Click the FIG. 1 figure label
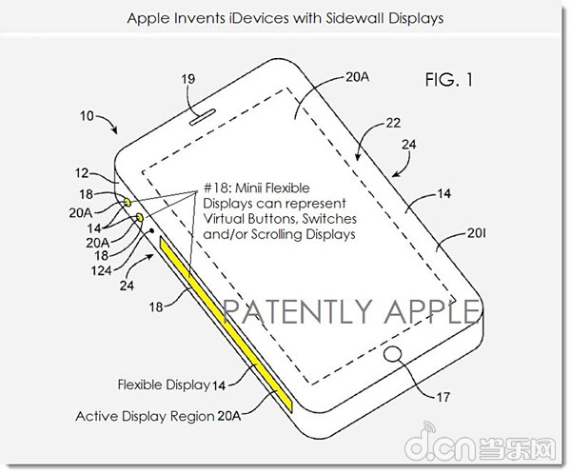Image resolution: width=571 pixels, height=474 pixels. point(449,79)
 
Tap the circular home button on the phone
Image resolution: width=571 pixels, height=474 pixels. point(392,354)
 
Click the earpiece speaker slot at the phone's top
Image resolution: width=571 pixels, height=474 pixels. point(203,116)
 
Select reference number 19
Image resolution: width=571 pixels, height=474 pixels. point(188,79)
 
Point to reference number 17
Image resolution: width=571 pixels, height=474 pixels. point(443,397)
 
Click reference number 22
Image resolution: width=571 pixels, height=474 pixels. point(393,123)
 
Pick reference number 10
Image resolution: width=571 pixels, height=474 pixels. point(87,116)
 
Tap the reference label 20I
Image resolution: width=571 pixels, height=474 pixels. point(477,233)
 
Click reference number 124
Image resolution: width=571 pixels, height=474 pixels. point(101,270)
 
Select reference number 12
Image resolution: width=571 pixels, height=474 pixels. point(82,173)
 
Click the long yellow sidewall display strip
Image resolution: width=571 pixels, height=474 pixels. point(226,324)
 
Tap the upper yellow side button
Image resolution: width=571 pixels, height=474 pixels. point(128,203)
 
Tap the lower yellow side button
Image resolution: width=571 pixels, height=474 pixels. point(140,218)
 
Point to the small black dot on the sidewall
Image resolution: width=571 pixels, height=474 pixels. point(152,230)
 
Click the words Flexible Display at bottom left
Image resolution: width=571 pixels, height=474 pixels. point(164,385)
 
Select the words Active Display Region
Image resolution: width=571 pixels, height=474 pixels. point(145,416)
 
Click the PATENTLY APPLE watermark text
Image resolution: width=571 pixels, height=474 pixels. point(350,312)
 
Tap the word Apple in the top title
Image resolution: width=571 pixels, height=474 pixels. point(148,19)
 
